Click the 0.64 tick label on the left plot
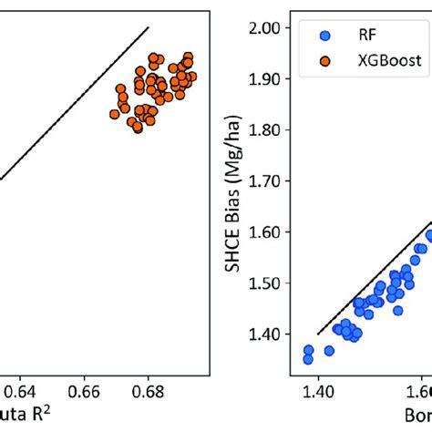[x=18, y=390]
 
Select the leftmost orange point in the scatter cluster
[x=115, y=114]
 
